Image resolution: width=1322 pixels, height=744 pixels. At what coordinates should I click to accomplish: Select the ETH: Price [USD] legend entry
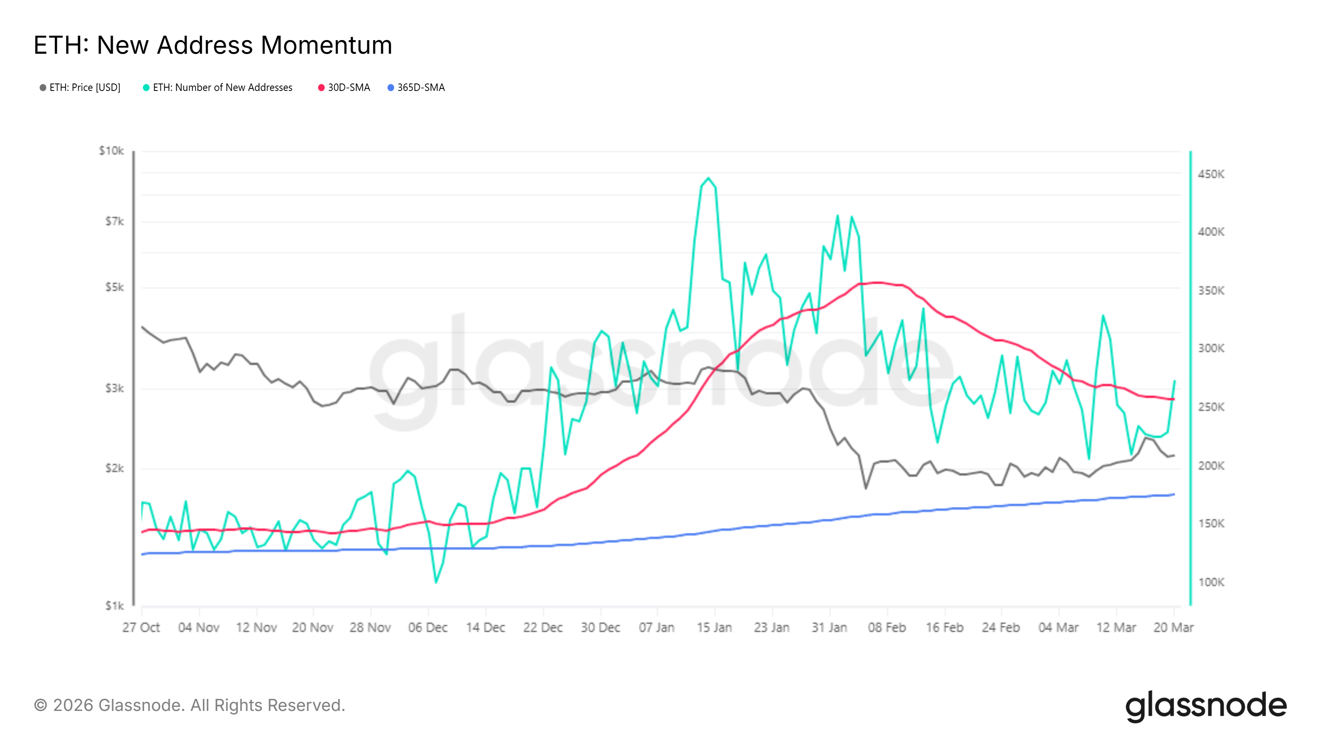(80, 88)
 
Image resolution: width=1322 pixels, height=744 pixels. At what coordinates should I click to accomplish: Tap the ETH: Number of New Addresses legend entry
(218, 88)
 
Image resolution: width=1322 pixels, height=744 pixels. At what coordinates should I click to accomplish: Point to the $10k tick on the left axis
(112, 151)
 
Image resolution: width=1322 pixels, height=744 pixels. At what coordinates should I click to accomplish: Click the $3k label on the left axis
(114, 388)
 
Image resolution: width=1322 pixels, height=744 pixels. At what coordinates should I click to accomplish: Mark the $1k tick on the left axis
(114, 606)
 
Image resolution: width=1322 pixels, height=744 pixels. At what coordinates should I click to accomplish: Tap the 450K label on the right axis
(1210, 174)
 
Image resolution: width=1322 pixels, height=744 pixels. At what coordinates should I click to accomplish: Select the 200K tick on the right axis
(1210, 466)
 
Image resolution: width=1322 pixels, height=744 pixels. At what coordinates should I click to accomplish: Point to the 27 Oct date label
(141, 627)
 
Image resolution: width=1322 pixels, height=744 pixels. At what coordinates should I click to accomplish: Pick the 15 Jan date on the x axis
(714, 627)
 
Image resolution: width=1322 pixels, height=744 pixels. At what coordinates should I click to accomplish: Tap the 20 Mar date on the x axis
(1173, 627)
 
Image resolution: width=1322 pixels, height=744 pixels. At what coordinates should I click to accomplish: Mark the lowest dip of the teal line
(436, 582)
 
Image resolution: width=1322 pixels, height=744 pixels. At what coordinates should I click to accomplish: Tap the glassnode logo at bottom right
(1205, 706)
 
